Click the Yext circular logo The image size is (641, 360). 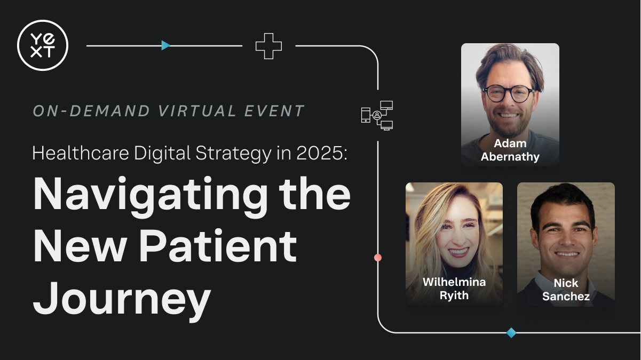click(x=43, y=45)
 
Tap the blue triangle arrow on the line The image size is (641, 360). click(x=165, y=45)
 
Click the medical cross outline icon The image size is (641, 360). click(x=268, y=46)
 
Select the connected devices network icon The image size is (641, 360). click(x=377, y=115)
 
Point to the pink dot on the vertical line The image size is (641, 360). click(x=378, y=258)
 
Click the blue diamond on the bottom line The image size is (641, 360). click(x=511, y=333)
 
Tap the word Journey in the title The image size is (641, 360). click(x=122, y=300)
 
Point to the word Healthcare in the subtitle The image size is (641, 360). click(x=81, y=153)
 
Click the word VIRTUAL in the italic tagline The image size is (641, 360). click(x=197, y=110)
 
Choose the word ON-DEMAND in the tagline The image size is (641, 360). click(x=91, y=110)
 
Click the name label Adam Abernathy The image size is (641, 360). click(x=510, y=150)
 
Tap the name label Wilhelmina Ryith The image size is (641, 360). click(x=454, y=289)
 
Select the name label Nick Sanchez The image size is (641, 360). click(x=566, y=290)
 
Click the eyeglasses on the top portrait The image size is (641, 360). click(x=508, y=93)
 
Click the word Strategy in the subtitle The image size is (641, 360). click(x=234, y=154)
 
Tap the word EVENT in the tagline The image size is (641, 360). click(x=274, y=110)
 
